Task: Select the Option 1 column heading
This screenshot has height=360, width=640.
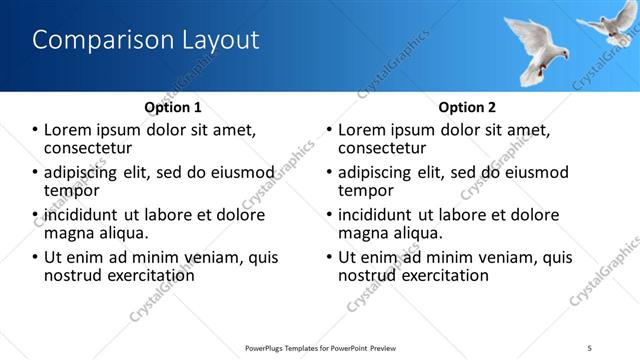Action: (172, 106)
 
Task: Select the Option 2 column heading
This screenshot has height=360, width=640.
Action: (466, 106)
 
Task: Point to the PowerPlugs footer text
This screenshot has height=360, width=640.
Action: (321, 347)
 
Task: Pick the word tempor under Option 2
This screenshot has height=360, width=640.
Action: (365, 190)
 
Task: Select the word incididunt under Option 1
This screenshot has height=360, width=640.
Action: (83, 215)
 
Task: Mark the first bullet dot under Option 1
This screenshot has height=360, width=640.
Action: (35, 130)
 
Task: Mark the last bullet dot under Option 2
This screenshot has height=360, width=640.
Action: (329, 257)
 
